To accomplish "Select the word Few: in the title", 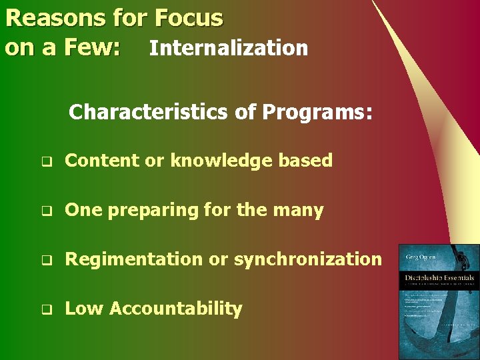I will pyautogui.click(x=93, y=48).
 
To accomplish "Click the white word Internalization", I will pyautogui.click(x=229, y=48).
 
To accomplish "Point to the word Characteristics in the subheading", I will pyautogui.click(x=148, y=112).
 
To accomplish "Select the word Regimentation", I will pyautogui.click(x=134, y=259).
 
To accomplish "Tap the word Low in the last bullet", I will pyautogui.click(x=84, y=309).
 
